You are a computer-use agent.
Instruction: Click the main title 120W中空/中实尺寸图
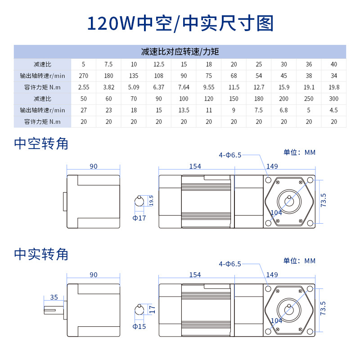pos(180,23)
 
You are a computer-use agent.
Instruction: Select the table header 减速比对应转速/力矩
pos(180,52)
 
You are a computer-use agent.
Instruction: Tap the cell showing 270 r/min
pos(83,75)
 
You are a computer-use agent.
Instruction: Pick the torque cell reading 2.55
pos(83,87)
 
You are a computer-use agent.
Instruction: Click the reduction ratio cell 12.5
pos(158,64)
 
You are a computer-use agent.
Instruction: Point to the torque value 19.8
pos(333,87)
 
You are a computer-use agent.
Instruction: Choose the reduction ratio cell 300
pos(333,98)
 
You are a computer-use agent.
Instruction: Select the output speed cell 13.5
pos(184,110)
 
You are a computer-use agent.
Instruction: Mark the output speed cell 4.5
pos(333,110)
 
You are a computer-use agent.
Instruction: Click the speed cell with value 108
pos(158,75)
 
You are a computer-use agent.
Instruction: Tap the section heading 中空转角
pos(41,144)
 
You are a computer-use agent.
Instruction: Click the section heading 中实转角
pos(41,254)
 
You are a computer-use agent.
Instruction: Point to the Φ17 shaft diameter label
pos(139,218)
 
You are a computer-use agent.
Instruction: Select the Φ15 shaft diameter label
pos(139,326)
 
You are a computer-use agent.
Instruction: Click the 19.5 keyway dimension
pos(151,201)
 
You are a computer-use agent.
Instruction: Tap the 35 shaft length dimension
pos(54,297)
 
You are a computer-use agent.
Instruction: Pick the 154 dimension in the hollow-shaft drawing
pos(195,166)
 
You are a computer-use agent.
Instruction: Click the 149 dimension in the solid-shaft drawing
pos(272,274)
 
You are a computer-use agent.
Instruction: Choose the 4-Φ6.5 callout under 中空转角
pos(230,155)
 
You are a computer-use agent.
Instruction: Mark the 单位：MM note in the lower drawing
pos(299,261)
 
